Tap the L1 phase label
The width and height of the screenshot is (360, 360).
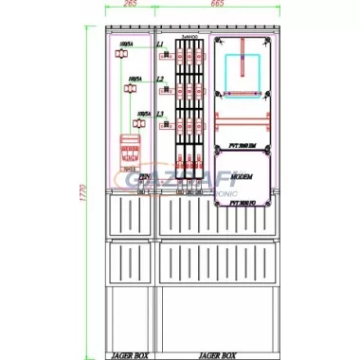(x=160, y=45)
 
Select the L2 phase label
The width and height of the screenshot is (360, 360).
(x=160, y=80)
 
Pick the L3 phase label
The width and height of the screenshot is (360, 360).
(x=160, y=114)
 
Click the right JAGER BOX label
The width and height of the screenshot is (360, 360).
(x=219, y=355)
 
